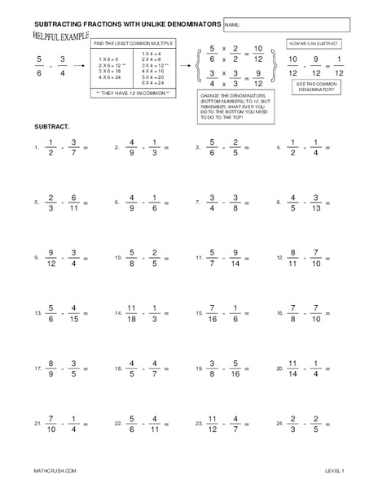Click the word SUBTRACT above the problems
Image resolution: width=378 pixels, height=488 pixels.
tap(50, 128)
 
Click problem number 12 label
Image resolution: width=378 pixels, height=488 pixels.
tap(280, 258)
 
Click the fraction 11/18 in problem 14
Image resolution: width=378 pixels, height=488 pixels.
tap(133, 312)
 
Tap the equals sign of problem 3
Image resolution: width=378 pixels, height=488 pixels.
tap(247, 148)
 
